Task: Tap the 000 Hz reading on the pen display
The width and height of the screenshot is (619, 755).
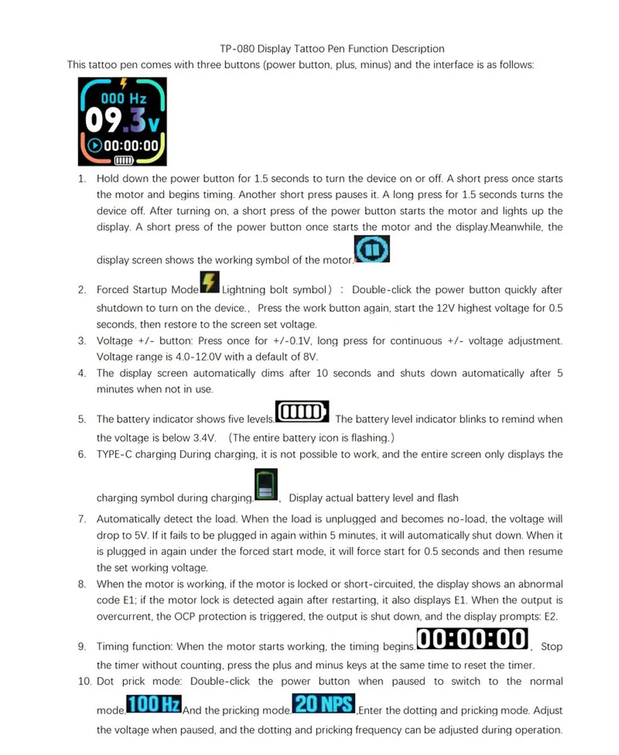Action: (x=123, y=99)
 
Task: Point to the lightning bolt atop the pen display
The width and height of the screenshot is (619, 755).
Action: (x=123, y=83)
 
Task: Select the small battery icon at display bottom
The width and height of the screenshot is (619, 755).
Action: (x=123, y=160)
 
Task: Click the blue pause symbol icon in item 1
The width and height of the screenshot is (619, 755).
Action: (x=372, y=249)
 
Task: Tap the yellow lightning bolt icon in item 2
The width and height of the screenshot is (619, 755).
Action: (x=209, y=282)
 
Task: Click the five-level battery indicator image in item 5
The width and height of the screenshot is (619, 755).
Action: (x=302, y=412)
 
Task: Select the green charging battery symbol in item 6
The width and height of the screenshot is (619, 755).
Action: (x=265, y=485)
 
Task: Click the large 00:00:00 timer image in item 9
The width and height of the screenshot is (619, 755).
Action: (x=472, y=639)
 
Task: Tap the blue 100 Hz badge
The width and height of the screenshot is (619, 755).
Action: (x=154, y=704)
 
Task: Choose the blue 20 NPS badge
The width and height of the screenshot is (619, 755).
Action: (x=324, y=703)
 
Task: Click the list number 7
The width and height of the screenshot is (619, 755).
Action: (x=82, y=519)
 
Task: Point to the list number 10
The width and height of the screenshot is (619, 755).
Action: (x=84, y=681)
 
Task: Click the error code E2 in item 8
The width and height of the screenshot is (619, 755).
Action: (x=550, y=617)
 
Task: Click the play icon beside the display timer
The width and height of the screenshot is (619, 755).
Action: (x=95, y=145)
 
